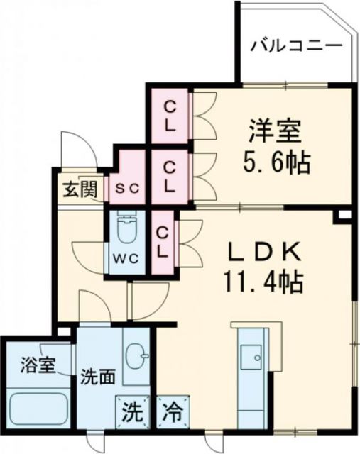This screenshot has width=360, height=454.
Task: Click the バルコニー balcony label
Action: (297, 47)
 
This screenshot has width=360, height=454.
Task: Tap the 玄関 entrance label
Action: (74, 189)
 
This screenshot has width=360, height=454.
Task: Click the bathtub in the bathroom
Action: (39, 409)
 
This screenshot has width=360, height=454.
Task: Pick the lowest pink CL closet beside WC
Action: (163, 241)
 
